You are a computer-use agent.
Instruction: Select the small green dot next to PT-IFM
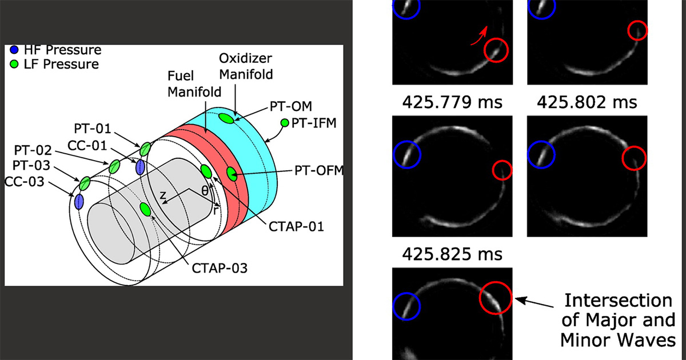pyautogui.click(x=285, y=123)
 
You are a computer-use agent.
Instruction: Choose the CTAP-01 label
pyautogui.click(x=297, y=226)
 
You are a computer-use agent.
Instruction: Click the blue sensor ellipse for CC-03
pyautogui.click(x=79, y=202)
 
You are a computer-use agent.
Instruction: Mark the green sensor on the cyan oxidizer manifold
pyautogui.click(x=226, y=118)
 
